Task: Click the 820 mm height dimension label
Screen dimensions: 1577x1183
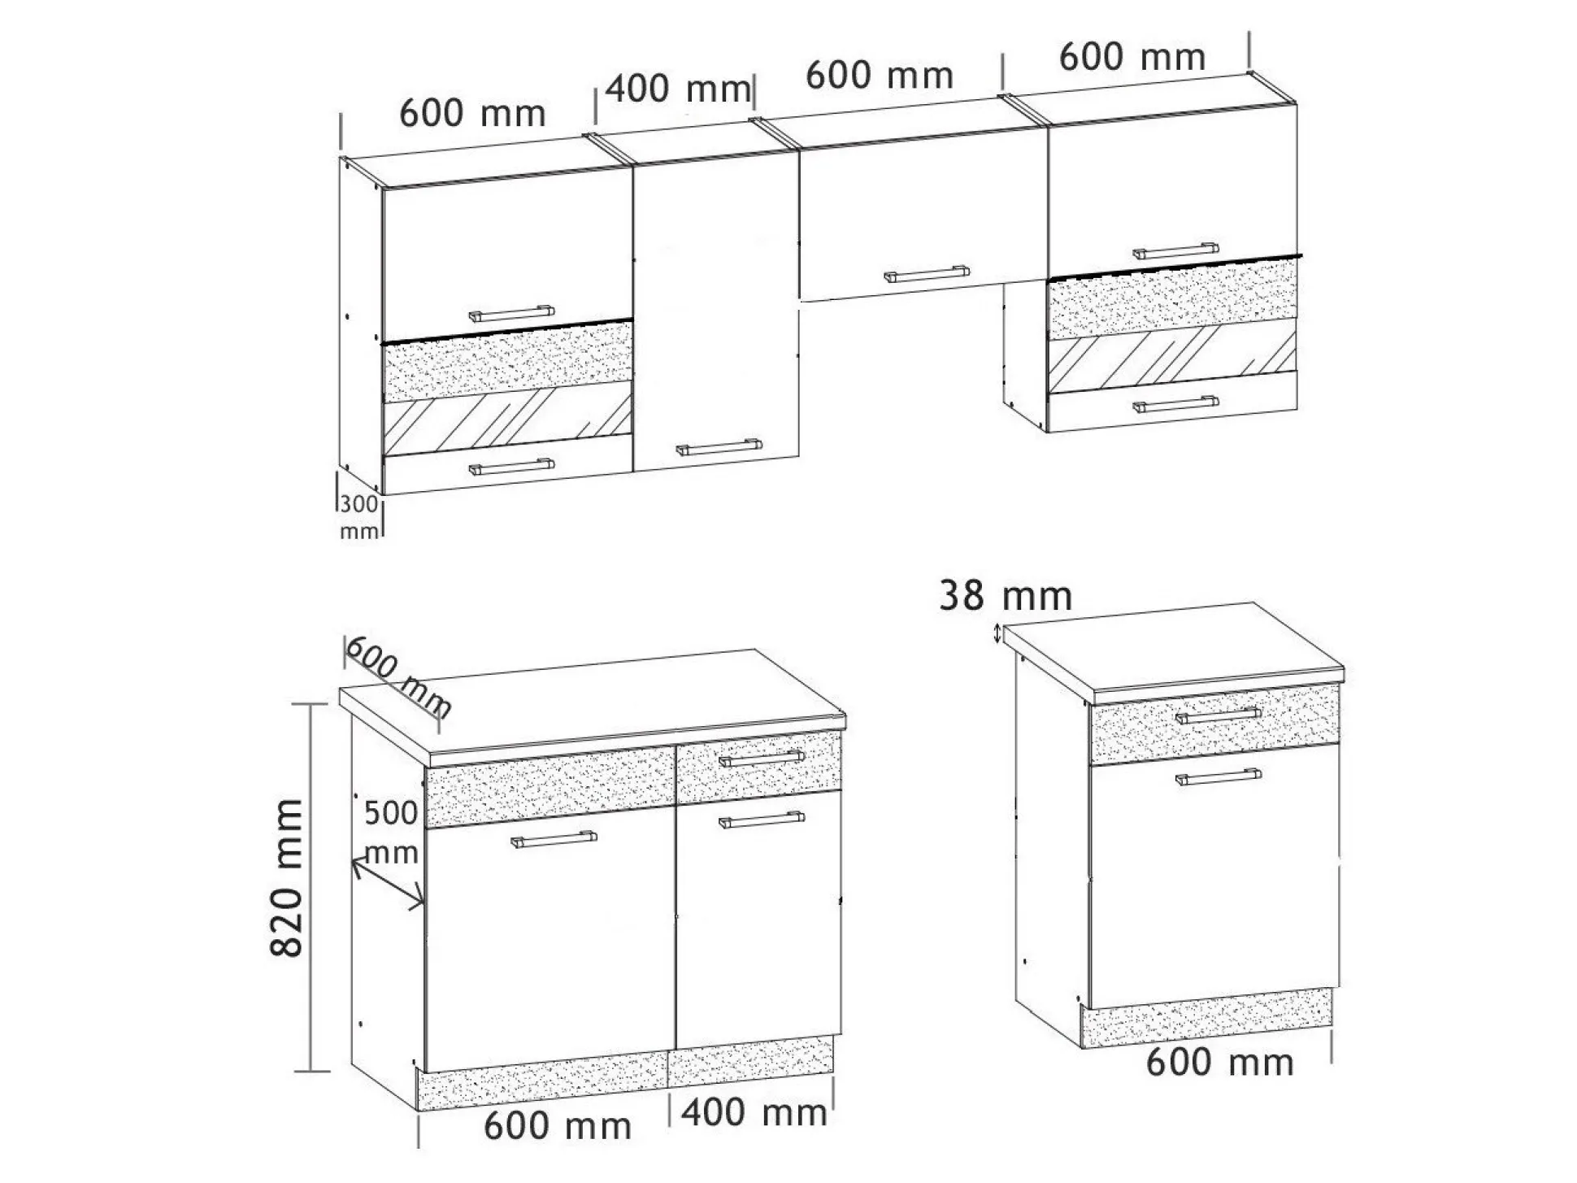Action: [x=286, y=877]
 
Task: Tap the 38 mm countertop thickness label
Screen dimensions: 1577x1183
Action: [x=1006, y=596]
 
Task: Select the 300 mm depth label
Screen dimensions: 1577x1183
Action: [x=359, y=516]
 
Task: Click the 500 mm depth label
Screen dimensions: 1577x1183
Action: [x=391, y=832]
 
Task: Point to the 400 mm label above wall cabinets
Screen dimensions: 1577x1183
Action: [x=678, y=89]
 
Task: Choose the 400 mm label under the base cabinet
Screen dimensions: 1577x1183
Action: [x=754, y=1112]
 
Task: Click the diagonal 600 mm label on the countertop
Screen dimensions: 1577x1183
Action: [x=398, y=676]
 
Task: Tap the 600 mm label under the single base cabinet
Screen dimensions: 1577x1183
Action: [x=1219, y=1062]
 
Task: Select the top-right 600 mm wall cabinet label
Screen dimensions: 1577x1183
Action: [x=1132, y=57]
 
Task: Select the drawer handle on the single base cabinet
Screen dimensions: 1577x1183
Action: [x=1219, y=715]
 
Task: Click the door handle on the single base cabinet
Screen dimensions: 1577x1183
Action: [x=1219, y=777]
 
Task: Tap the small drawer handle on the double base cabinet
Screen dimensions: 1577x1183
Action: [x=762, y=758]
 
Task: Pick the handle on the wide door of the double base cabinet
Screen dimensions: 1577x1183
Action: [x=554, y=839]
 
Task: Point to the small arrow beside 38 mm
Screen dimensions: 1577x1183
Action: [x=997, y=634]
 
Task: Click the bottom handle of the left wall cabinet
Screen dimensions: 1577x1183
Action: [x=511, y=466]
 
